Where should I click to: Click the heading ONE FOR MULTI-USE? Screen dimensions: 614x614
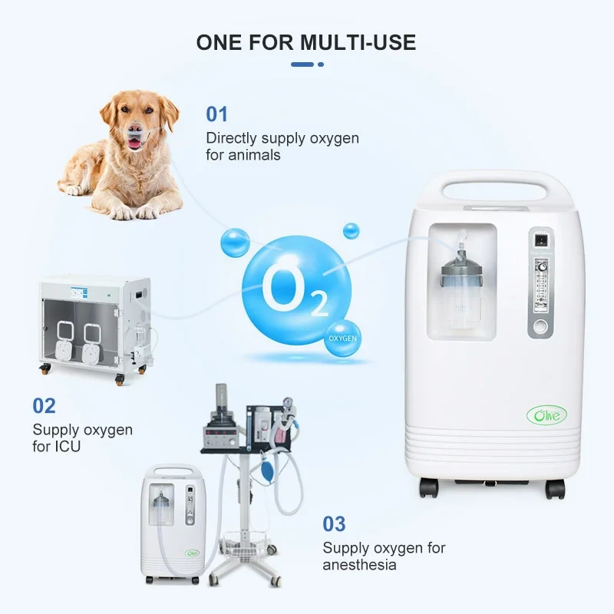pos(306,41)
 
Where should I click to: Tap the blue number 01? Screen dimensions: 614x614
pos(217,114)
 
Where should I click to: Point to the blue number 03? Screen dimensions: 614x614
pos(334,524)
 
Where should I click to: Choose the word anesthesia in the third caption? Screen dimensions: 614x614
pos(359,565)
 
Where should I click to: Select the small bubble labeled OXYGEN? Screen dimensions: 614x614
pos(342,338)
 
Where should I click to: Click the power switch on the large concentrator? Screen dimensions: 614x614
pos(542,239)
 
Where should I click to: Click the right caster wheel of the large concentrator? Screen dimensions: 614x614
pos(554,488)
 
